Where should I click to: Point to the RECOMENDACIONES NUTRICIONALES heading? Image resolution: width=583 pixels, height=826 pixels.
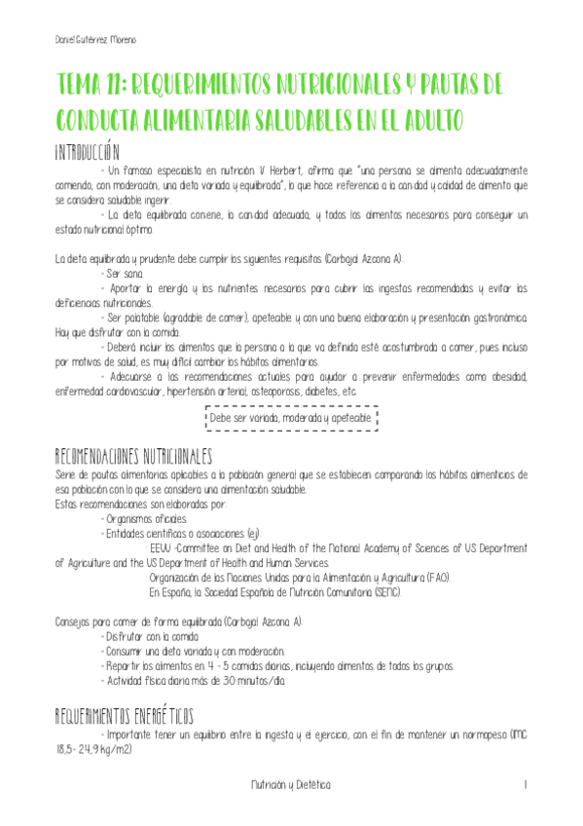point(133,456)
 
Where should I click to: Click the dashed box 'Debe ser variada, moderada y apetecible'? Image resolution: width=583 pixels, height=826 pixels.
point(291,418)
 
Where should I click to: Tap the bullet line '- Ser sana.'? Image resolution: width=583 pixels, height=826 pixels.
point(122,274)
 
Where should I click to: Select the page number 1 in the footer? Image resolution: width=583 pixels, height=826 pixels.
point(525,783)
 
